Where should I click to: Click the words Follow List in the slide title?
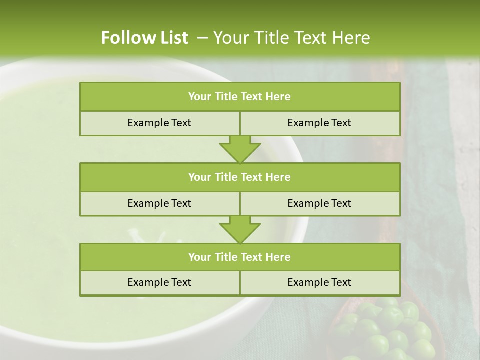(x=144, y=38)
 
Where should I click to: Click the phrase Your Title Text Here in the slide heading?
(x=291, y=38)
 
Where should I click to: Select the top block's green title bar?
(x=240, y=97)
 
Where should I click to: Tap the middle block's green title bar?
(x=240, y=177)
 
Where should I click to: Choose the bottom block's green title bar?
(x=240, y=257)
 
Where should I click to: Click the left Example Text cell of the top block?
(x=159, y=123)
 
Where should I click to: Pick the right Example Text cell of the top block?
(x=319, y=123)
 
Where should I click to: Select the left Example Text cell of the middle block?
(x=159, y=204)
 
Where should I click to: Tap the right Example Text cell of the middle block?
(x=319, y=204)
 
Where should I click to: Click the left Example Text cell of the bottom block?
(x=159, y=283)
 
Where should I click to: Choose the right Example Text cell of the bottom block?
(x=319, y=283)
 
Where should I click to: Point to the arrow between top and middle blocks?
(x=240, y=149)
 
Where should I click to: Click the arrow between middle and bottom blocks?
(x=240, y=229)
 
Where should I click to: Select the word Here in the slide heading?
(x=352, y=38)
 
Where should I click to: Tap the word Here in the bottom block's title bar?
(x=278, y=257)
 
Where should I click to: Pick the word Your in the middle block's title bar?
(x=199, y=177)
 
